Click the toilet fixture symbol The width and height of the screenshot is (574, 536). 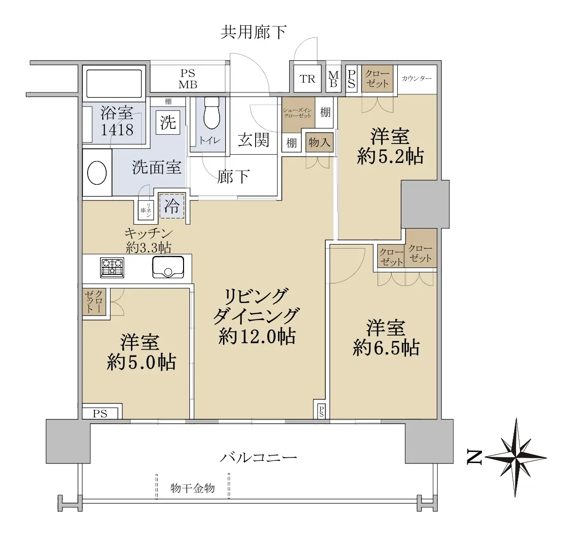[212, 113]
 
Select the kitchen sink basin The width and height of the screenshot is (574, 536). [168, 267]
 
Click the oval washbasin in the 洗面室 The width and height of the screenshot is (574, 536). [97, 173]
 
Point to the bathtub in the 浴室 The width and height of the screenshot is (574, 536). [114, 84]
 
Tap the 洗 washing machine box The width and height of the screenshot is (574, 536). [168, 122]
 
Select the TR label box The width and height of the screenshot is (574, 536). [308, 79]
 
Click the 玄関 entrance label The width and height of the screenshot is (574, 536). [253, 140]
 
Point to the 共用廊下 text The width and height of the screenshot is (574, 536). [253, 33]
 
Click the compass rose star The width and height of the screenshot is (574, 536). [516, 457]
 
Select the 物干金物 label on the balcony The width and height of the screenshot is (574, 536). [193, 488]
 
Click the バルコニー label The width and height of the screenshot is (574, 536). [258, 457]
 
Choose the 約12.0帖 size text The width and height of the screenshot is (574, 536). [257, 337]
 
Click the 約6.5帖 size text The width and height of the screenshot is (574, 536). [386, 348]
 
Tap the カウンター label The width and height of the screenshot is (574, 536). [417, 78]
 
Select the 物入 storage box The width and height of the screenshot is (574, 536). [319, 142]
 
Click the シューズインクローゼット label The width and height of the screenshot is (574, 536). [297, 113]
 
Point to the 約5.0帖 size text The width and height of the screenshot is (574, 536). [142, 362]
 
